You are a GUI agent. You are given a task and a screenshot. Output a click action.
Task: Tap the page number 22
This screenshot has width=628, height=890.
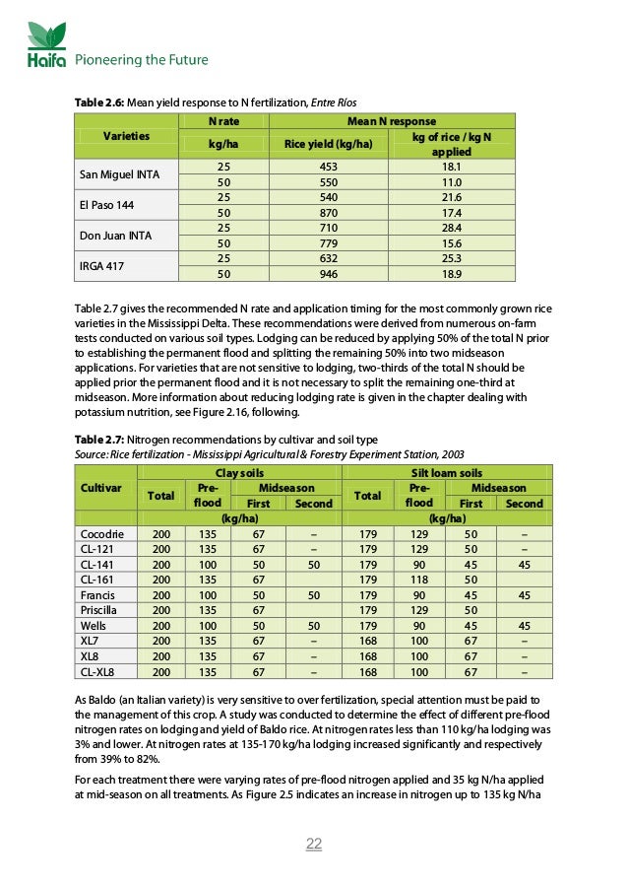pyautogui.click(x=314, y=844)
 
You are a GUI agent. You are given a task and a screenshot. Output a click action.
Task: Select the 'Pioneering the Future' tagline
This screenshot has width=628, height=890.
pyautogui.click(x=142, y=60)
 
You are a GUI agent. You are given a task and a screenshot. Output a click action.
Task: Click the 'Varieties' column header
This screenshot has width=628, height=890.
pyautogui.click(x=128, y=136)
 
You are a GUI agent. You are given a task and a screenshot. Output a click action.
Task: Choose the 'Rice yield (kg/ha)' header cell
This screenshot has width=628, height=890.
pyautogui.click(x=328, y=144)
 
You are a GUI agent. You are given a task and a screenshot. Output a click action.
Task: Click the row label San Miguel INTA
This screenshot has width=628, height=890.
pyautogui.click(x=113, y=175)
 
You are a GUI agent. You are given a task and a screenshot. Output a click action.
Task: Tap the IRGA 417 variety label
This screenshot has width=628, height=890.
pyautogui.click(x=100, y=266)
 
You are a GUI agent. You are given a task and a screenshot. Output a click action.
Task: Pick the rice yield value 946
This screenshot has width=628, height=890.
pyautogui.click(x=328, y=274)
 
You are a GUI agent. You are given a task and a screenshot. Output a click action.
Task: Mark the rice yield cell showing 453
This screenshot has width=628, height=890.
pyautogui.click(x=328, y=169)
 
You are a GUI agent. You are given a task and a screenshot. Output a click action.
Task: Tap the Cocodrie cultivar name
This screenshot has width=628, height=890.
pyautogui.click(x=100, y=533)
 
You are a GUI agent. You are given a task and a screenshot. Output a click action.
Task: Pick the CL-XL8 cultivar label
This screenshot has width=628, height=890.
pyautogui.click(x=98, y=672)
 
